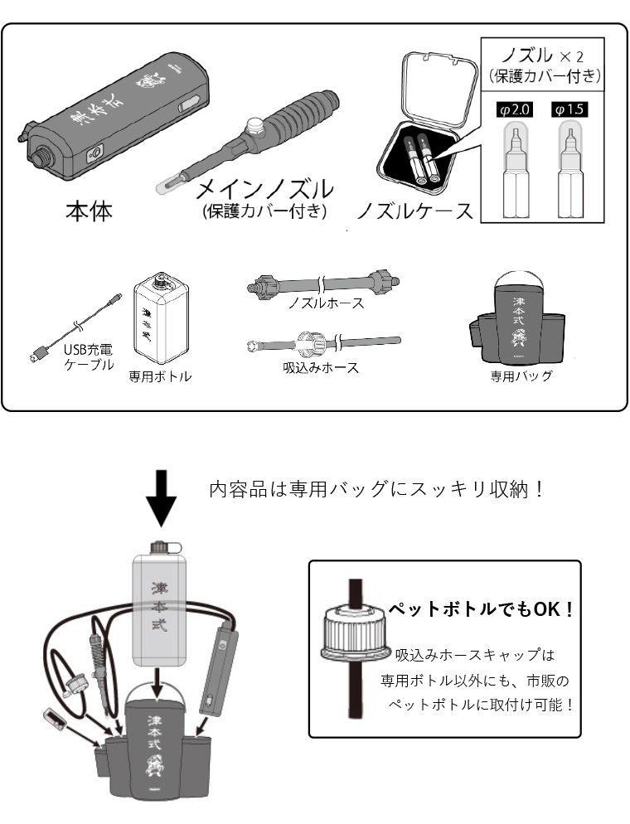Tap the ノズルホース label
coord(326,303)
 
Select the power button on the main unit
coord(94,153)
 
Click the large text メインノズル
coord(264,190)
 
